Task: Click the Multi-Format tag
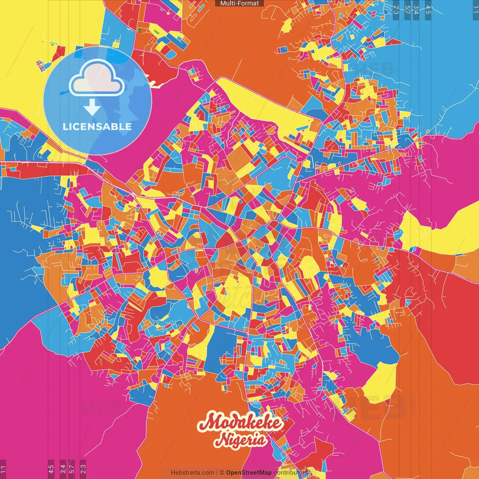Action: (x=239, y=3)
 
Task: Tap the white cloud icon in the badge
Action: (x=97, y=79)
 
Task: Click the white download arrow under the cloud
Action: (x=92, y=107)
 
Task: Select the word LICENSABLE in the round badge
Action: (x=97, y=126)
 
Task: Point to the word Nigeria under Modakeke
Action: (x=241, y=440)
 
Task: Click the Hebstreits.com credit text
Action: (x=192, y=473)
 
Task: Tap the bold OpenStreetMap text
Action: (x=249, y=473)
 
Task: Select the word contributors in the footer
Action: (x=290, y=473)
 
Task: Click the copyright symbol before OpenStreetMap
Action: (x=222, y=473)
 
